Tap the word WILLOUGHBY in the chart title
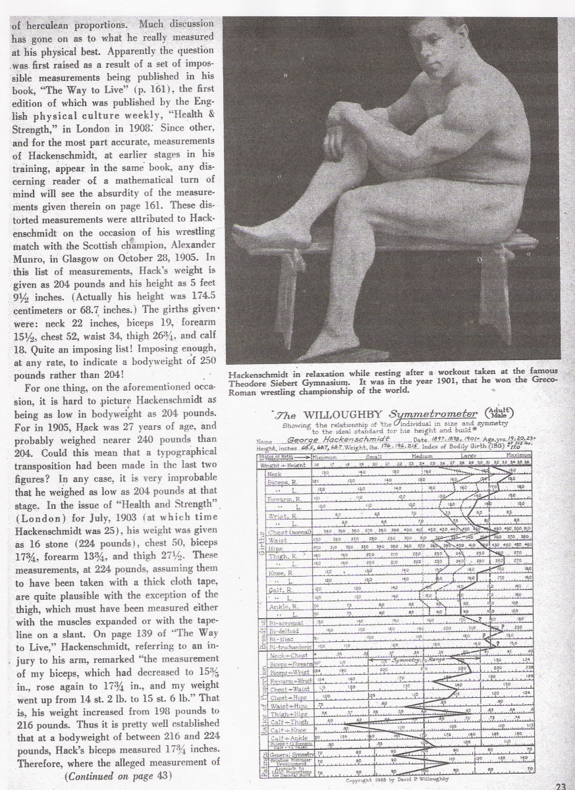click(336, 415)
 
